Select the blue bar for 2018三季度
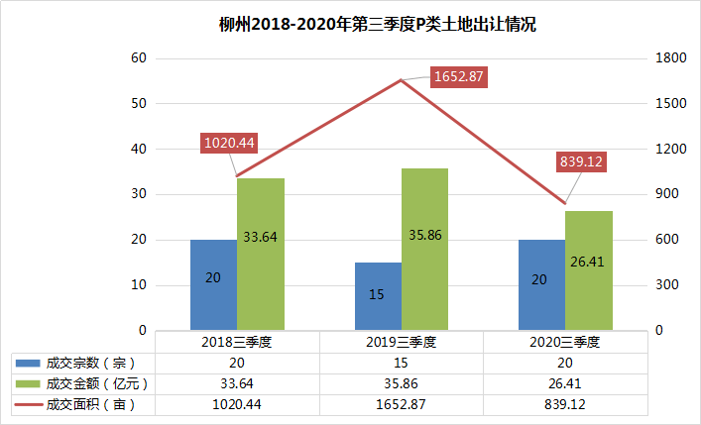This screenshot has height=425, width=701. tap(213, 284)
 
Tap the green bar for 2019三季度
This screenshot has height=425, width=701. tap(424, 249)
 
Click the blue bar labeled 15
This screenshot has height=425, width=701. tap(378, 296)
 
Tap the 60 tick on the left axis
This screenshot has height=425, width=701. tap(139, 58)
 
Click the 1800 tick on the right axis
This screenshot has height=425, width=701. tap(666, 58)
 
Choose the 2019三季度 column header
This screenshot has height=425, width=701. tap(401, 342)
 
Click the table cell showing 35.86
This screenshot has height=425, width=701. tap(401, 383)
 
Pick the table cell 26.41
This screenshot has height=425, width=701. tap(565, 383)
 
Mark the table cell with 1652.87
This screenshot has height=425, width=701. tap(401, 404)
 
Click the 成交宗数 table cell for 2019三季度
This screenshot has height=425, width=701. tap(401, 363)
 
